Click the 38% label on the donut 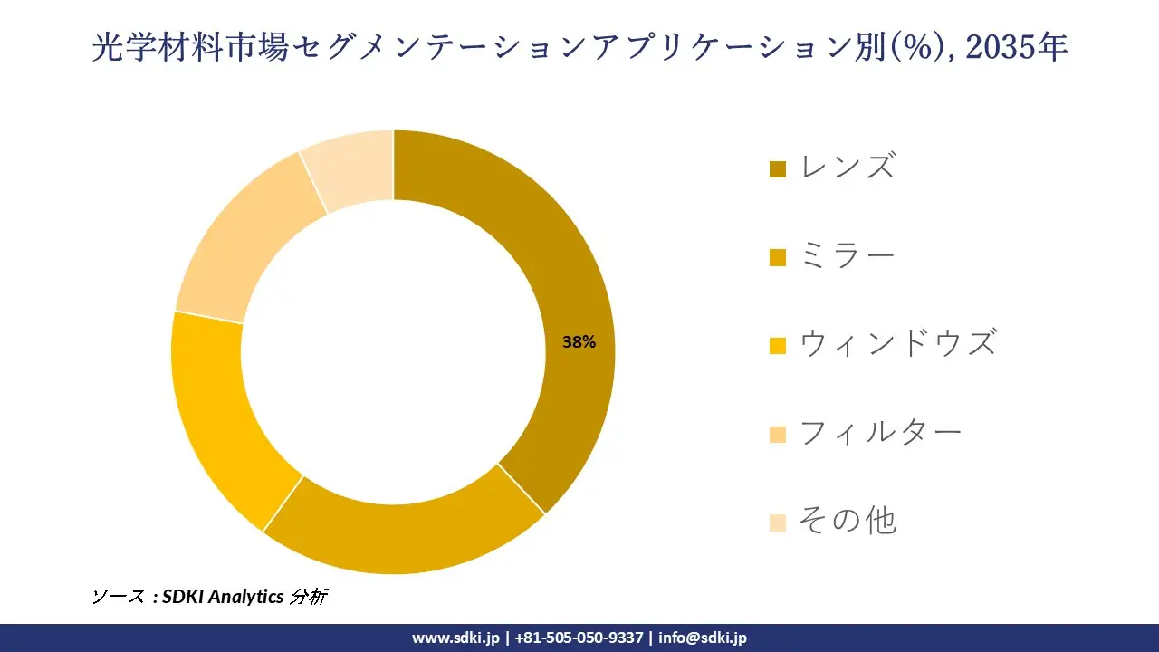pyautogui.click(x=579, y=342)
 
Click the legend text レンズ pyautogui.click(x=848, y=167)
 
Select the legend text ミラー pyautogui.click(x=848, y=255)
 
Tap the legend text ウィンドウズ pyautogui.click(x=897, y=343)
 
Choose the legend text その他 pyautogui.click(x=848, y=521)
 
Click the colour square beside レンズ pyautogui.click(x=777, y=169)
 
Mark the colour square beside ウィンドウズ pyautogui.click(x=777, y=346)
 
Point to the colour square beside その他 pyautogui.click(x=777, y=523)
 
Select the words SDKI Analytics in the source pyautogui.click(x=222, y=597)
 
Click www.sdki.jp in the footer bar pyautogui.click(x=455, y=638)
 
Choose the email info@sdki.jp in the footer pyautogui.click(x=703, y=638)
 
